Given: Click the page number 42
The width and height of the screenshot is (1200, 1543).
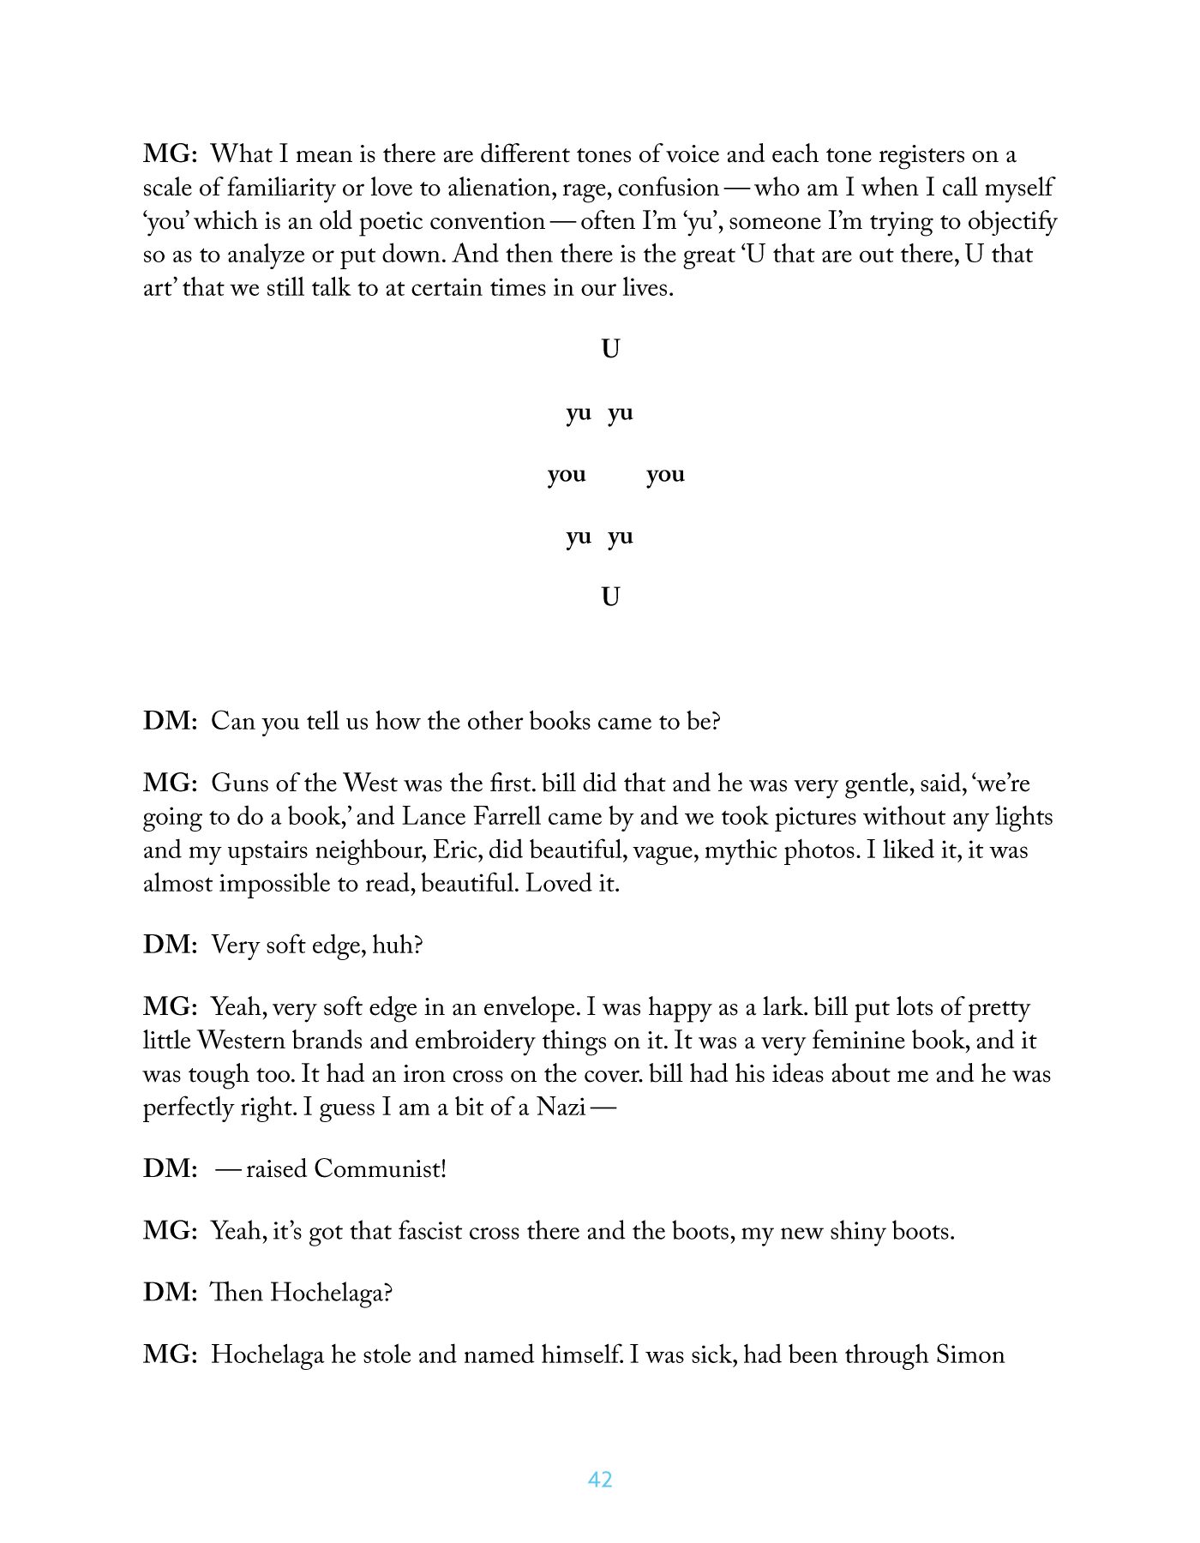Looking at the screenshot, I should point(600,1480).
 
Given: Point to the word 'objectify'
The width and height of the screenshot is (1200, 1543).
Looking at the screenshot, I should point(1012,221).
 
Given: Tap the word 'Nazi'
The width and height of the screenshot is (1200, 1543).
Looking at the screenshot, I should point(561,1108).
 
